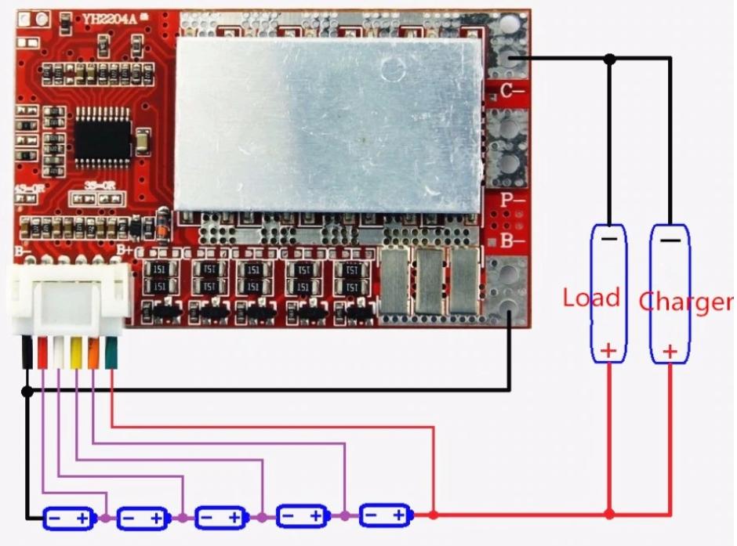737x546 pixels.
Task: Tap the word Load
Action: (591, 298)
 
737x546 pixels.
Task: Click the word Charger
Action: (687, 302)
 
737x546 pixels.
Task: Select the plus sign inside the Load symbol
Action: (608, 350)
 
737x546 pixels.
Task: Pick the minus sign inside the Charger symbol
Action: (670, 240)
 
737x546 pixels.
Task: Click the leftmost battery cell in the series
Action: (68, 517)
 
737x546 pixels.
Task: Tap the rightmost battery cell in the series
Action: (384, 515)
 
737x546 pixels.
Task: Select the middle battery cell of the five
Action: (221, 517)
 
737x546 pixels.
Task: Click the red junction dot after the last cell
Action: (433, 515)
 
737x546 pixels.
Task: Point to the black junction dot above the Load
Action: (609, 59)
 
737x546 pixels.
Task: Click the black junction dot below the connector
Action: (27, 390)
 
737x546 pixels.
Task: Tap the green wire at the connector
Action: (111, 355)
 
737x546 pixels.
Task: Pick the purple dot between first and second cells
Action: (105, 517)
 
